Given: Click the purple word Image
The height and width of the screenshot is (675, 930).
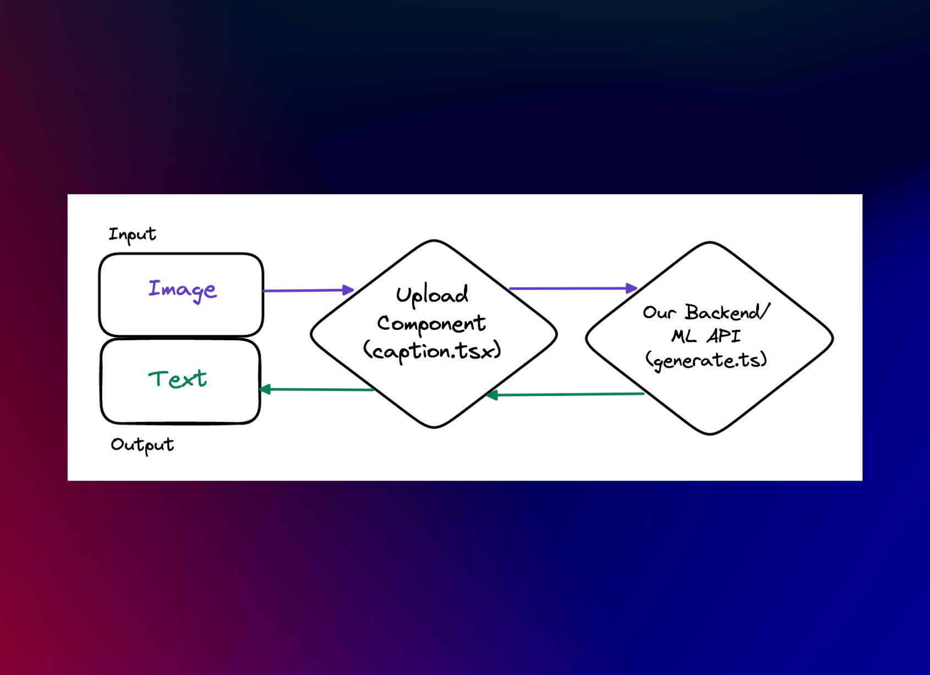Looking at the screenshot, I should [182, 290].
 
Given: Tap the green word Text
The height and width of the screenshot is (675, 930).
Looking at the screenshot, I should [177, 379].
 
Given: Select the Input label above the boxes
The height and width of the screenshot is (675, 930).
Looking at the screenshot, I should [132, 235].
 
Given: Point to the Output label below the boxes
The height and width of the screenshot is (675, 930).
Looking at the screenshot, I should [142, 445].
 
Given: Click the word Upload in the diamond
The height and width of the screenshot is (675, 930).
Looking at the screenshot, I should [432, 295].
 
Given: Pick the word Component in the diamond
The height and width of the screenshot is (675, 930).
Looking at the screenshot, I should [431, 324].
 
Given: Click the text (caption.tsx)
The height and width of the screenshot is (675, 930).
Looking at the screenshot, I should [432, 351].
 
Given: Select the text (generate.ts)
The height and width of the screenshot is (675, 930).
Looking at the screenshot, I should [706, 361].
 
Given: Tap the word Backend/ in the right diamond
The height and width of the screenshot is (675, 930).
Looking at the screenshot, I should [727, 312].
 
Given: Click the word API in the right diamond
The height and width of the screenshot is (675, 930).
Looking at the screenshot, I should [724, 336].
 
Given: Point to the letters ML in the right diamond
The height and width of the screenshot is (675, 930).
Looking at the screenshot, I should [683, 336].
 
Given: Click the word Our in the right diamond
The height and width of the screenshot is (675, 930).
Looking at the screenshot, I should [659, 313].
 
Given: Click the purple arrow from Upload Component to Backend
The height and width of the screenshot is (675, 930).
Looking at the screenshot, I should [572, 288].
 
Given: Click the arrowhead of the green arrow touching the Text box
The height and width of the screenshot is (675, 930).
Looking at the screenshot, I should [265, 389].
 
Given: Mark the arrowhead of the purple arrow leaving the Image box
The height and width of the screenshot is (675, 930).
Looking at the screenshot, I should [348, 290].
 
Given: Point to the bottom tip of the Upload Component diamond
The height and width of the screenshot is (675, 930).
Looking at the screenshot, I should [435, 427].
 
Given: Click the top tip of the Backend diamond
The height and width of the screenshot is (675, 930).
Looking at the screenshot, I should [710, 243].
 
